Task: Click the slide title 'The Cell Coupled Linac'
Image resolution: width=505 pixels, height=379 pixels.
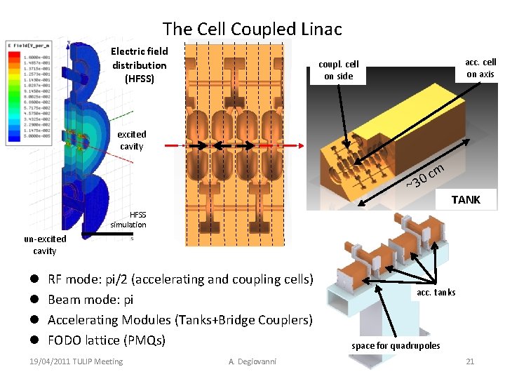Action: (252, 29)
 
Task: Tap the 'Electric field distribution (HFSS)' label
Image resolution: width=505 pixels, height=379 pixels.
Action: (139, 65)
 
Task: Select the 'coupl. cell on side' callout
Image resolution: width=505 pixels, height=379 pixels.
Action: (339, 70)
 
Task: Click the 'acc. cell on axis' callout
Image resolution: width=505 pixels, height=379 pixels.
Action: (480, 68)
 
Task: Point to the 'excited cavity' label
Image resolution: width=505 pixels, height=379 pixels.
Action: (131, 140)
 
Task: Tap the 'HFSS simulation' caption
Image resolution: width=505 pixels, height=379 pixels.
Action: (128, 220)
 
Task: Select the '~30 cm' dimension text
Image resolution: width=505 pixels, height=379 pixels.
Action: (426, 176)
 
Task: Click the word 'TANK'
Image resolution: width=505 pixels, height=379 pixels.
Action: (466, 200)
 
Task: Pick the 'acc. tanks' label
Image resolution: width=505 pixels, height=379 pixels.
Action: (436, 292)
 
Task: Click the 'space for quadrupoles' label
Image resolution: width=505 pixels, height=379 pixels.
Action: (396, 345)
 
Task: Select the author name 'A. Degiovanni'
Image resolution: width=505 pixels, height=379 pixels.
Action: (252, 361)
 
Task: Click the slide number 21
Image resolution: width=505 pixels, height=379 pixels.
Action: (470, 361)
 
